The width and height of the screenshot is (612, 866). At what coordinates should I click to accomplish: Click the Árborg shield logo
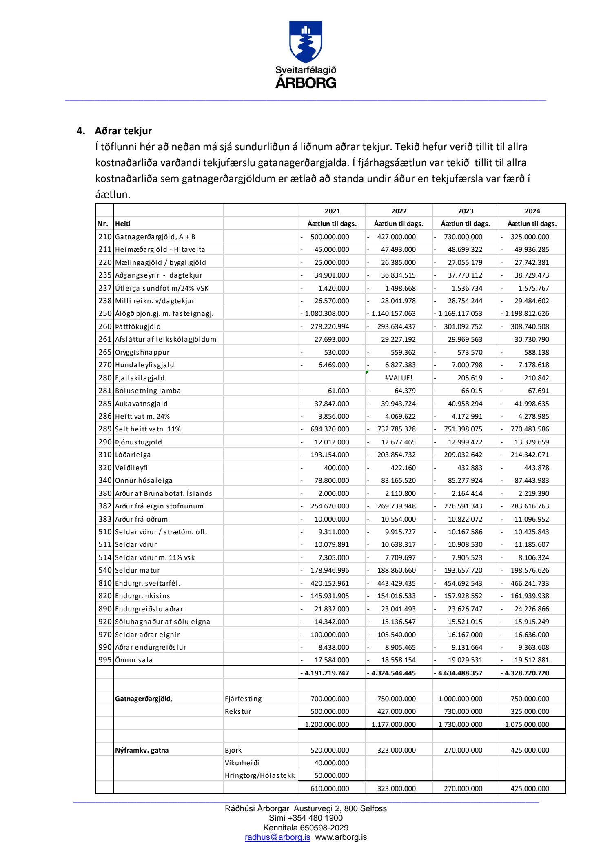pyautogui.click(x=306, y=42)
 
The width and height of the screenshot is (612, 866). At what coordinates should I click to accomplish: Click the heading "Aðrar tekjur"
pyautogui.click(x=123, y=131)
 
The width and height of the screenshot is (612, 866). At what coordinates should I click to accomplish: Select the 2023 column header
pyautogui.click(x=466, y=211)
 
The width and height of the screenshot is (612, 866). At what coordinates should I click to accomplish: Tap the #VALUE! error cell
pyautogui.click(x=399, y=378)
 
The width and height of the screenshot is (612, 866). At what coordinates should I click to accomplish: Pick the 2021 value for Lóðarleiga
pyautogui.click(x=330, y=455)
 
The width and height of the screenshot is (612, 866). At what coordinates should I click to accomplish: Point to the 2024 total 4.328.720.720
pyautogui.click(x=527, y=673)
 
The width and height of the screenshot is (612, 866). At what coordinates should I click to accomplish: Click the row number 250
pyautogui.click(x=105, y=313)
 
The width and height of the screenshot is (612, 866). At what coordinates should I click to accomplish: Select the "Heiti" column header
pyautogui.click(x=123, y=224)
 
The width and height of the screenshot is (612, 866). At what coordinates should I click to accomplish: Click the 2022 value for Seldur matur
pyautogui.click(x=396, y=570)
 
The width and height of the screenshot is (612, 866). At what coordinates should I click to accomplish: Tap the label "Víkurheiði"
pyautogui.click(x=242, y=763)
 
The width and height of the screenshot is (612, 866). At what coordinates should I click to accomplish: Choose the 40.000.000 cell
pyautogui.click(x=332, y=763)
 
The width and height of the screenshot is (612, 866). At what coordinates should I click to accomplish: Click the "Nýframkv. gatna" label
pyautogui.click(x=142, y=750)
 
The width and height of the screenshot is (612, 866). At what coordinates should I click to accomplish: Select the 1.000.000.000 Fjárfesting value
pyautogui.click(x=460, y=699)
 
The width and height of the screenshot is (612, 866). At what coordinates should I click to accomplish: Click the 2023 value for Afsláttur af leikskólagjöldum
pyautogui.click(x=465, y=339)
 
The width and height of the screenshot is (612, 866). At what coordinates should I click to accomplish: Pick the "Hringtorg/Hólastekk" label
pyautogui.click(x=259, y=775)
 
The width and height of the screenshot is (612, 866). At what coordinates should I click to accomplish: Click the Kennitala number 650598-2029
pyautogui.click(x=324, y=828)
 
